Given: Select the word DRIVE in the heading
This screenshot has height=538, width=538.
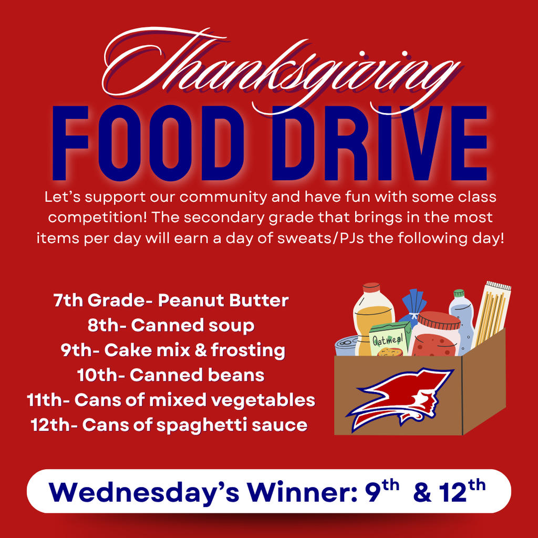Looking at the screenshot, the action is tap(379, 143).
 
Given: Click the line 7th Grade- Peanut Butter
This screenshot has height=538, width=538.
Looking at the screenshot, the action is tap(171, 301).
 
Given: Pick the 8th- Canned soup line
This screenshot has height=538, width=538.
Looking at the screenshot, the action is tap(171, 325).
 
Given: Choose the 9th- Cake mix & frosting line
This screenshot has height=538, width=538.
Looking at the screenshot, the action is tap(172, 350).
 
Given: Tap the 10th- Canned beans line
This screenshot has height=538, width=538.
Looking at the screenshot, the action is tap(171, 375).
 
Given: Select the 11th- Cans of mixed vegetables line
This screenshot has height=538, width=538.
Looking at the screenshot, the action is tap(171, 400).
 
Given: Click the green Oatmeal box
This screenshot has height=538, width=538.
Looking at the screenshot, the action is tap(390, 340).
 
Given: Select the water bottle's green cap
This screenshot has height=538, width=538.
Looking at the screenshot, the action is tap(459, 293).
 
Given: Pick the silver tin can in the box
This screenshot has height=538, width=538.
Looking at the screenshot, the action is tap(347, 345).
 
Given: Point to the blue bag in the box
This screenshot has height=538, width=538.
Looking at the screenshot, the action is tap(415, 305).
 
